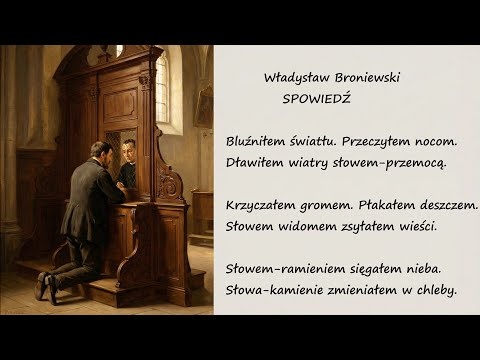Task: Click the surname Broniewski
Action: click(x=361, y=78)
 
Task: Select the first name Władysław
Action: click(x=291, y=78)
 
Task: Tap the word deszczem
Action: click(x=449, y=205)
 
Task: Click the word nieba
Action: click(x=420, y=270)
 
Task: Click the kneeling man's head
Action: click(x=101, y=151)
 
